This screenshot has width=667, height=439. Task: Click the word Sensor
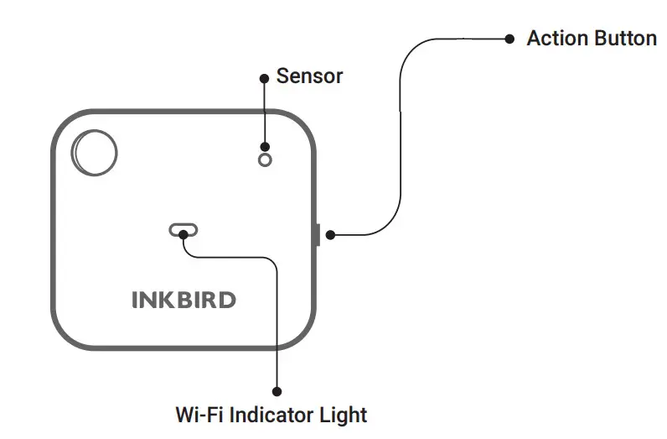309,76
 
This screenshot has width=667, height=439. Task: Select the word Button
623,39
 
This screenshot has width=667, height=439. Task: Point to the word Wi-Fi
198,415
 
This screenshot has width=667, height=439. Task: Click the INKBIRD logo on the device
183,300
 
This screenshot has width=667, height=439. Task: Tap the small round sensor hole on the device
265,159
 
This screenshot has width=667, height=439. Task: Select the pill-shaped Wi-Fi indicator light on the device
183,230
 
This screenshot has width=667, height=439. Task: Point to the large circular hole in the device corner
94,153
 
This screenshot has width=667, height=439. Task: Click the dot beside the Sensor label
265,77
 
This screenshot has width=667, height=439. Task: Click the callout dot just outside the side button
331,235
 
